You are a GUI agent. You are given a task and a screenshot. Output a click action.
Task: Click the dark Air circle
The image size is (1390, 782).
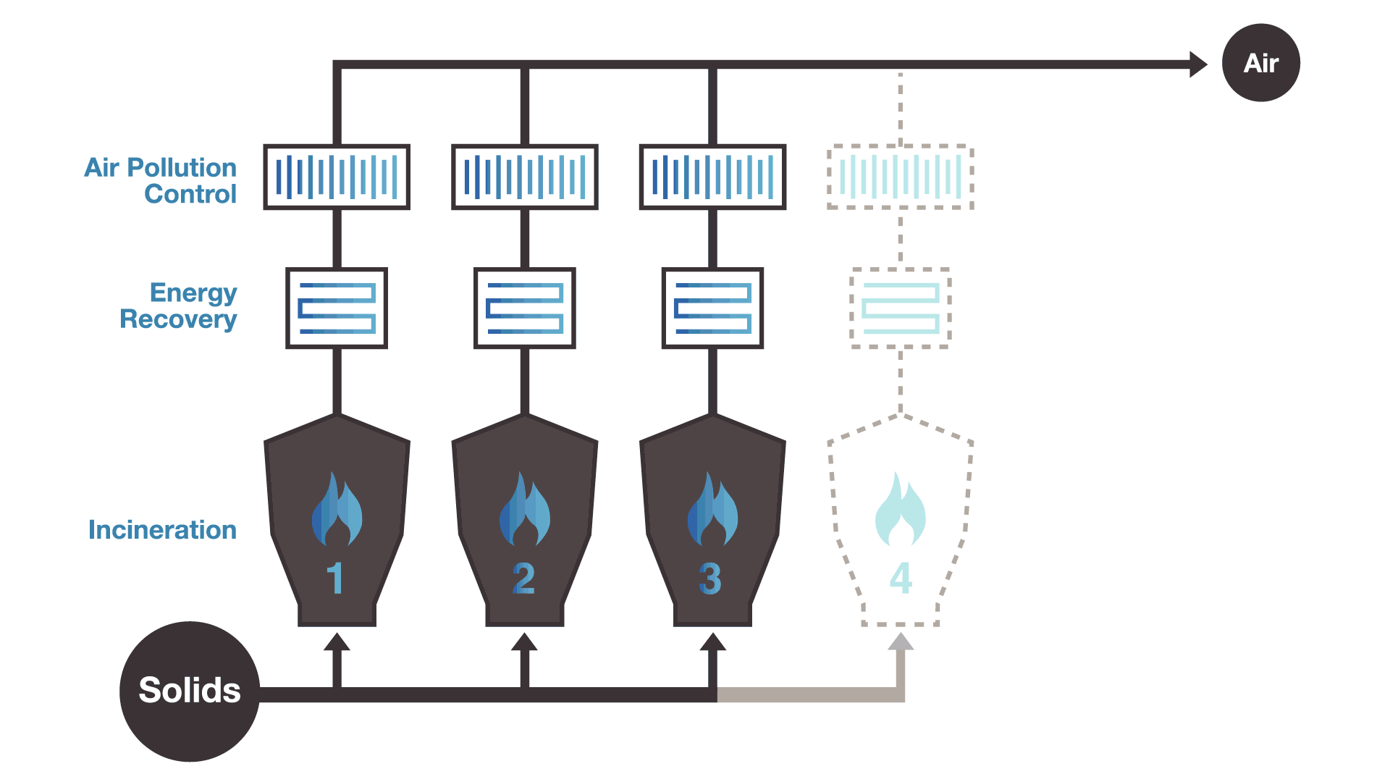click(1260, 63)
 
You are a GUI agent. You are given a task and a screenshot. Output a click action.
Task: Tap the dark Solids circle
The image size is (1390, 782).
click(190, 691)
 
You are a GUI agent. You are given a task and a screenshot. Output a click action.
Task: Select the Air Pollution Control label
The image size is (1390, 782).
click(161, 180)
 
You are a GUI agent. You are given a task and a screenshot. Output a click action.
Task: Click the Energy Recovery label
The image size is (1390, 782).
click(179, 306)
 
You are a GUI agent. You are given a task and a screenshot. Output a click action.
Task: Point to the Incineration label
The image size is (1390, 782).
click(162, 530)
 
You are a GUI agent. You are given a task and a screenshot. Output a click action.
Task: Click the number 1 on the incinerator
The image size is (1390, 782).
click(334, 579)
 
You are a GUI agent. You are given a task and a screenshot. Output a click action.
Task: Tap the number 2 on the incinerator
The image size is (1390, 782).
click(523, 579)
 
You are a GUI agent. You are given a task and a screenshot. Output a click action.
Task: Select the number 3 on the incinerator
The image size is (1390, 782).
click(710, 579)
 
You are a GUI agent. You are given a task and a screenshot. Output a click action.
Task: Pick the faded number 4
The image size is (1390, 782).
click(901, 579)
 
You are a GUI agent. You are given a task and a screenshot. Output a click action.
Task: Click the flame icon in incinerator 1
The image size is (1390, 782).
click(337, 510)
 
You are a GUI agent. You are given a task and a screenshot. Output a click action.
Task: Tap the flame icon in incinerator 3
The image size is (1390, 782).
click(712, 510)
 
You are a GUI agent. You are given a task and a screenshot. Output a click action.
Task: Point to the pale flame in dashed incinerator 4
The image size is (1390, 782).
click(900, 510)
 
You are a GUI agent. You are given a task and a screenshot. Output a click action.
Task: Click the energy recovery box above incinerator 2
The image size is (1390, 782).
click(525, 308)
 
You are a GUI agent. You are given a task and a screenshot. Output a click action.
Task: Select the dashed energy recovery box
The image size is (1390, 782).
click(900, 308)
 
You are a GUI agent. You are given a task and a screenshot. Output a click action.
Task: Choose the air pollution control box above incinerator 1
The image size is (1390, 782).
click(337, 177)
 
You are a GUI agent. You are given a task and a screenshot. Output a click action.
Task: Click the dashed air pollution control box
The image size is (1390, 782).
click(900, 177)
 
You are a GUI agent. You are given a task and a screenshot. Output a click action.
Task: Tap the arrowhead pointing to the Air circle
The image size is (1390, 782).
click(1197, 64)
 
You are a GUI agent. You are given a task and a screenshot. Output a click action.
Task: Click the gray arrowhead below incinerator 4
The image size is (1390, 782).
click(900, 642)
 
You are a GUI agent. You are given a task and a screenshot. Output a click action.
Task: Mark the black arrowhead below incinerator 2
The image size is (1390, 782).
click(524, 642)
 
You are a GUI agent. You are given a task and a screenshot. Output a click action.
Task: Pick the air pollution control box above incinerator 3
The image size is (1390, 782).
click(712, 177)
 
